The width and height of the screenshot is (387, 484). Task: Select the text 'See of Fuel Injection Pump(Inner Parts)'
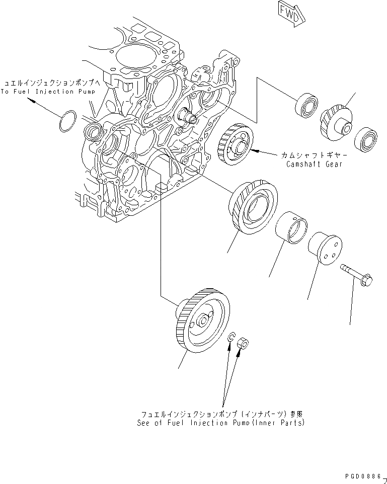click(x=220, y=423)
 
